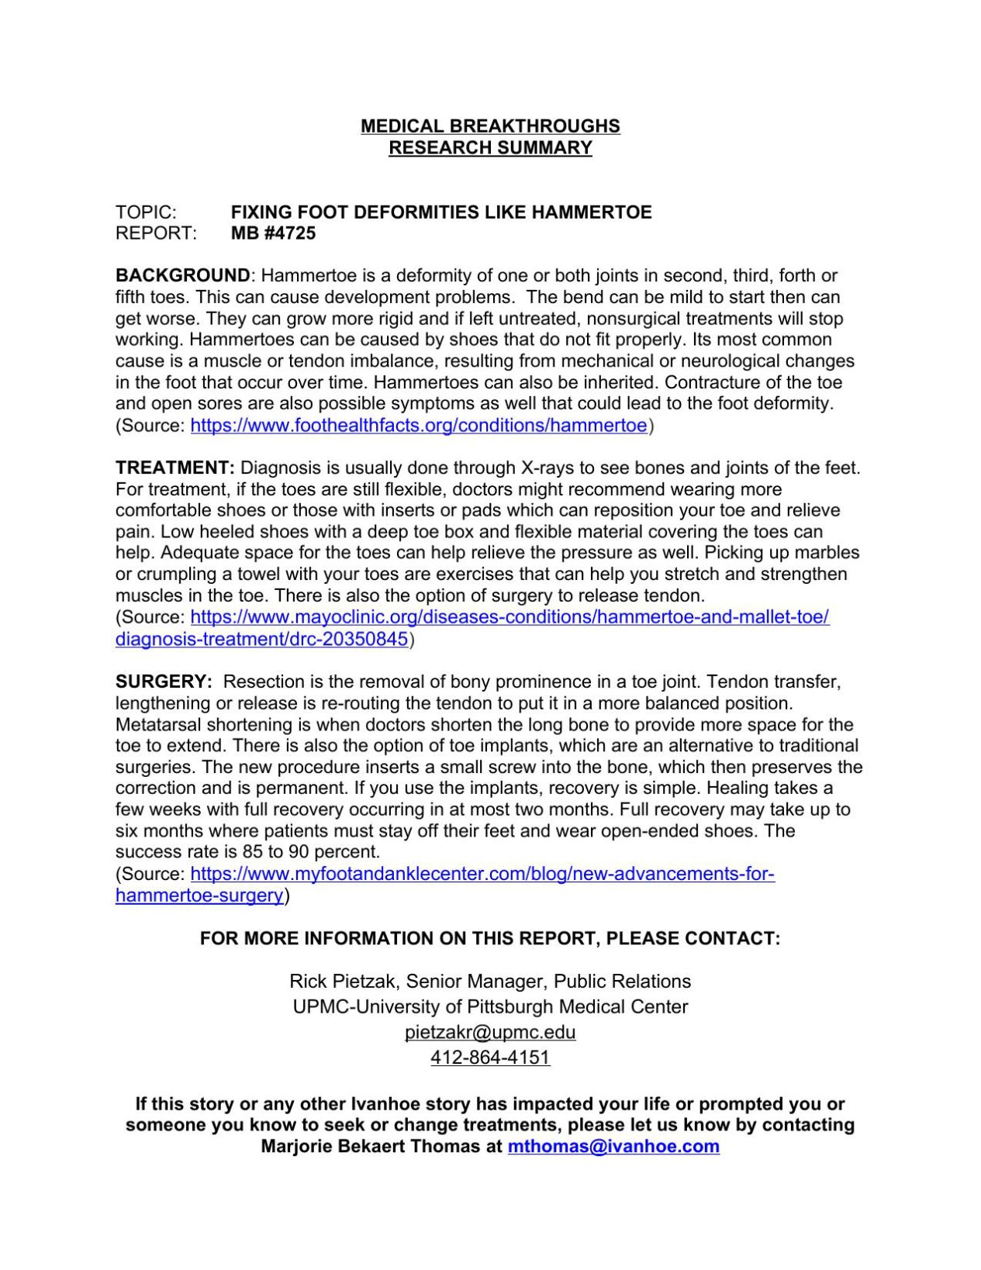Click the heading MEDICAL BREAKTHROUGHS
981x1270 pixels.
490,126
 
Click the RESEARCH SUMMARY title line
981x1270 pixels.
490,147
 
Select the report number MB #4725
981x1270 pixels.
274,233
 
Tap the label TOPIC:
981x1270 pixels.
147,212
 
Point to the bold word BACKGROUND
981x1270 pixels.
183,275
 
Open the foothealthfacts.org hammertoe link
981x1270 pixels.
418,425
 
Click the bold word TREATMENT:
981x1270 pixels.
175,468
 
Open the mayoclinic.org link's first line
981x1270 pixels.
509,617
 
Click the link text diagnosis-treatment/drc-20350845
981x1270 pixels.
261,639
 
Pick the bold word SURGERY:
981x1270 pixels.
164,682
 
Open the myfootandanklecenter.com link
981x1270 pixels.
482,874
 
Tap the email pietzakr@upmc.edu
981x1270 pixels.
490,1032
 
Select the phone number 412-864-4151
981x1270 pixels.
490,1057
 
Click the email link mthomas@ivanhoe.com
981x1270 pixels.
613,1146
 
